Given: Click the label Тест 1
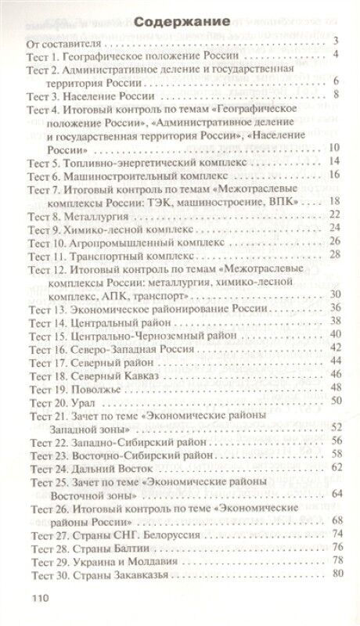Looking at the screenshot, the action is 52,55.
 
